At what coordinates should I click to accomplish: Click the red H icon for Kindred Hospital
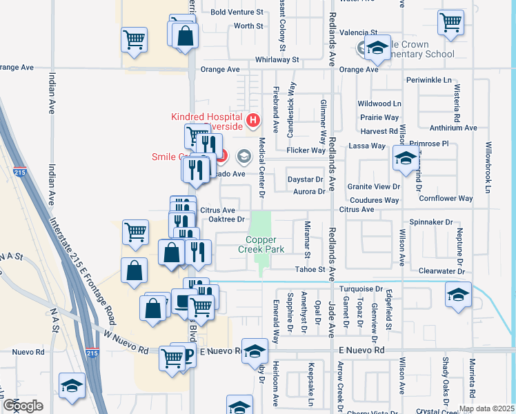click(252, 122)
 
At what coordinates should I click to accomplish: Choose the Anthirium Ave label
click(453, 128)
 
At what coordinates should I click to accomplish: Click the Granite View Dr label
click(373, 187)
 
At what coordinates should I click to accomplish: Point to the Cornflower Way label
click(446, 199)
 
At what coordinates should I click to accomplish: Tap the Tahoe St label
click(310, 269)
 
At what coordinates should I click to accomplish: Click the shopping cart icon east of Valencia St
click(451, 22)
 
